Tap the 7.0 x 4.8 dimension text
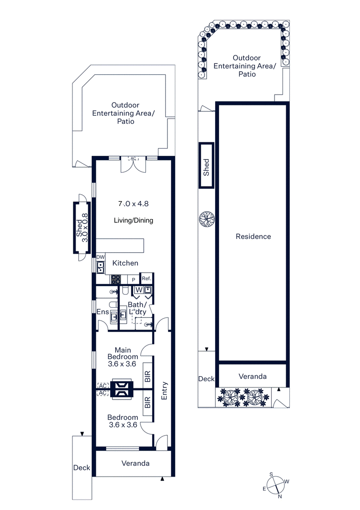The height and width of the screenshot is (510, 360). point(133,204)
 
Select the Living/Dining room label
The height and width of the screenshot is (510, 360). point(133,220)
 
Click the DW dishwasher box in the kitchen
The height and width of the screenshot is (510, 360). point(100,257)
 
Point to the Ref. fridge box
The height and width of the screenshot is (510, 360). point(147,279)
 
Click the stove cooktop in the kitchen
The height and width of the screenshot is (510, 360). point(116,279)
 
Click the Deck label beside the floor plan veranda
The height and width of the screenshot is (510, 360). point(81,468)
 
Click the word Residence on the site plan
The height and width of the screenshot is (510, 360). point(253,236)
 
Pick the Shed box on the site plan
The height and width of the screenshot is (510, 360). point(207,165)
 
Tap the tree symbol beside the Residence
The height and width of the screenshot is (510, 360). point(207,219)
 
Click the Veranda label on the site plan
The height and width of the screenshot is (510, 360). point(252,376)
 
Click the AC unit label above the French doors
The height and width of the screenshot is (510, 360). point(133,159)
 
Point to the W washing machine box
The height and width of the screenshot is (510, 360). point(139,289)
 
